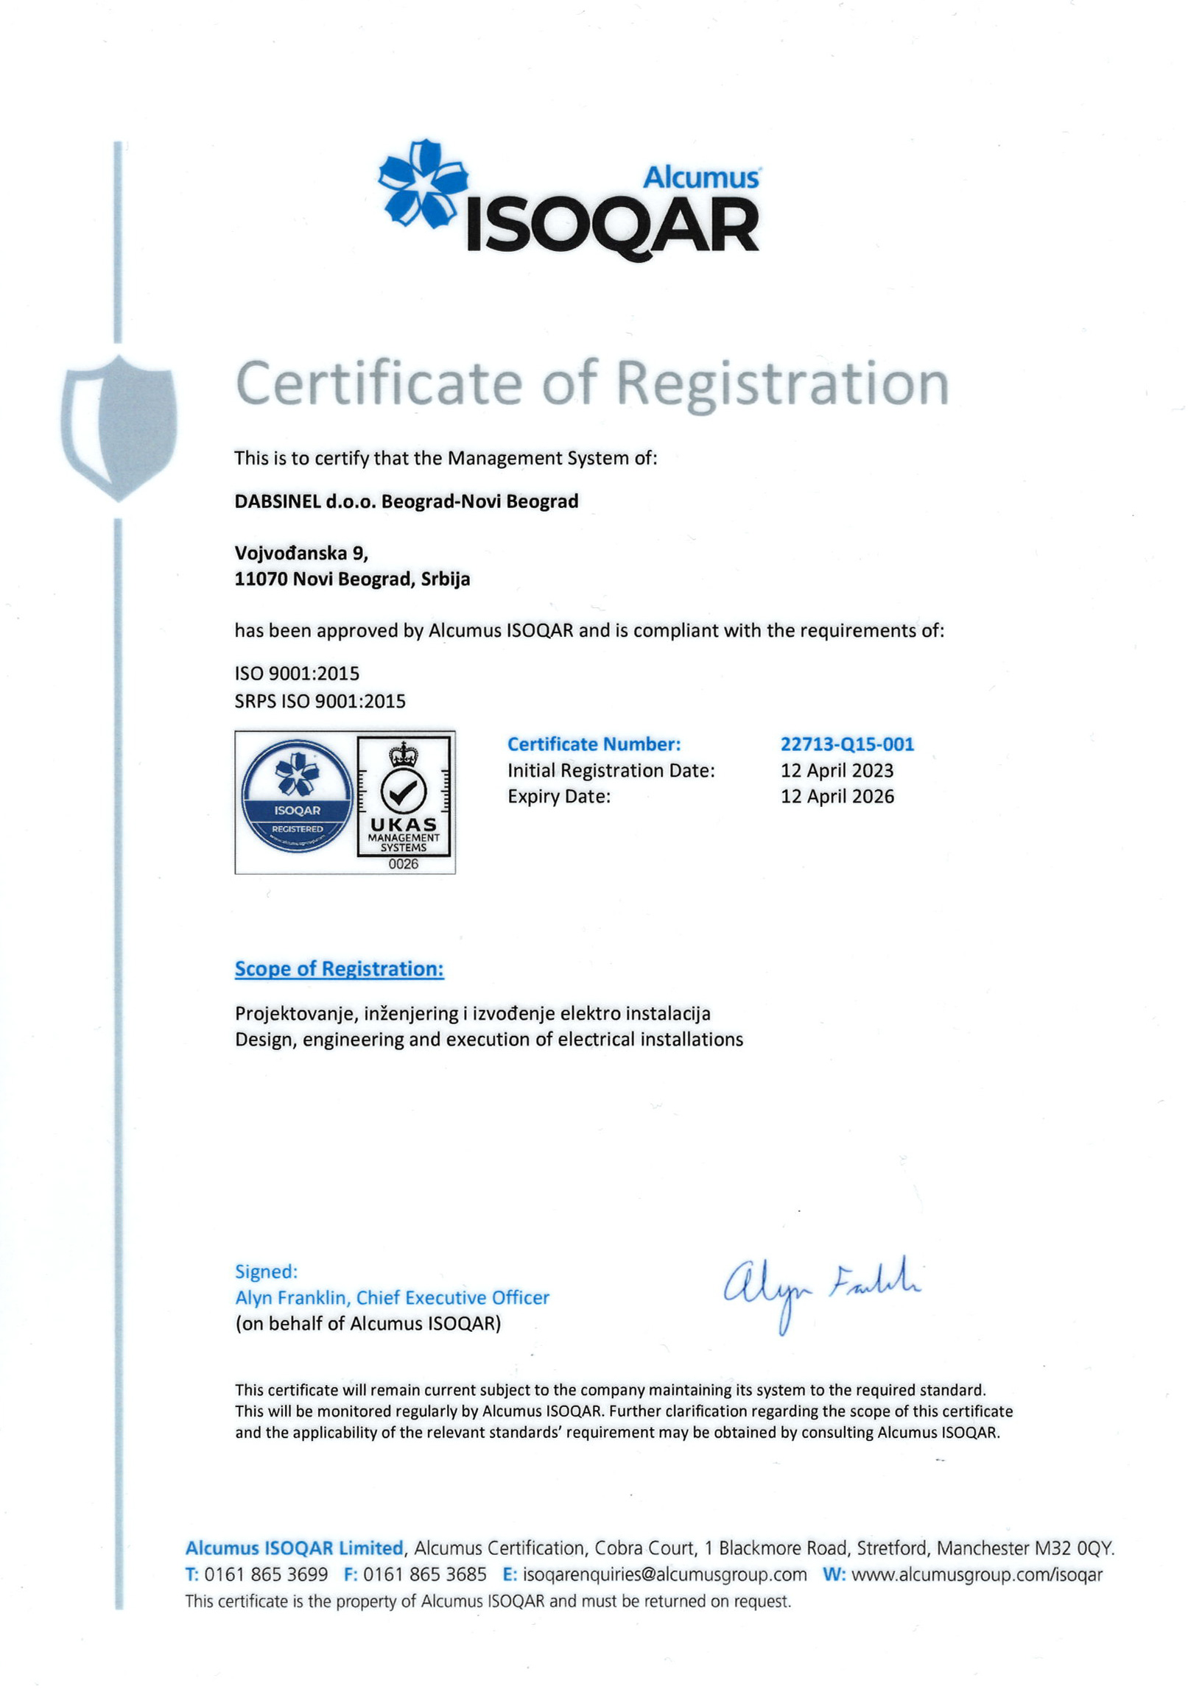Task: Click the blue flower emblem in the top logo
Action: coord(423,183)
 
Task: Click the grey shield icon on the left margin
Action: coord(119,426)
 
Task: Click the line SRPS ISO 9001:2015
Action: coord(320,702)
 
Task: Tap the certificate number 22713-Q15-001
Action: coord(847,744)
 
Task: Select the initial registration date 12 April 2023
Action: coord(837,771)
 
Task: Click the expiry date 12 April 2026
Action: coord(837,797)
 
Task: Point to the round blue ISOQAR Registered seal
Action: coord(297,796)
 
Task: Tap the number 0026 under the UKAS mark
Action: coord(403,864)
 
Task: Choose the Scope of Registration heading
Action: coord(339,969)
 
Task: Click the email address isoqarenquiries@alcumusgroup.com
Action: coord(664,1575)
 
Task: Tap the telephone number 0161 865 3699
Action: coord(266,1575)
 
